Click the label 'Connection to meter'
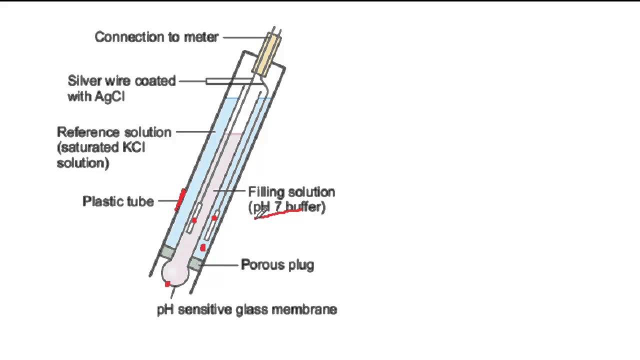coord(156,37)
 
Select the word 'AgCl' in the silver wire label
coord(109,96)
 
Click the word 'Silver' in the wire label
coord(84,81)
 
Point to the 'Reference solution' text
coord(114,132)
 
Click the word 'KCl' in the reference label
coord(132,148)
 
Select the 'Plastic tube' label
coord(118,201)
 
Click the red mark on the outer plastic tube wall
coord(180,199)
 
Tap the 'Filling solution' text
coord(291,192)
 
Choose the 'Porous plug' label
coord(277,264)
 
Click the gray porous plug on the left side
coord(166,252)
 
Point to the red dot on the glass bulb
coord(167,284)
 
